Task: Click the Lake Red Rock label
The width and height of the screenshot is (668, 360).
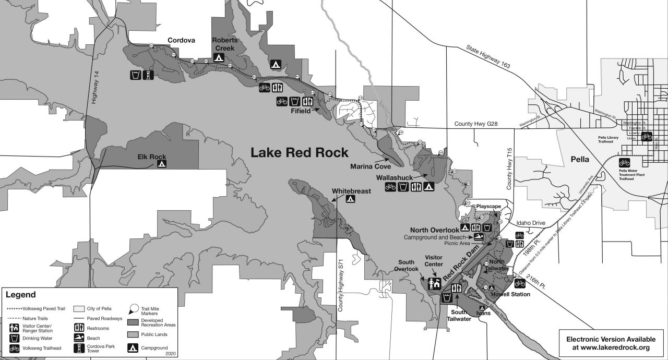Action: pyautogui.click(x=299, y=152)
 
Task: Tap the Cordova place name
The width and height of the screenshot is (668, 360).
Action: pyautogui.click(x=181, y=40)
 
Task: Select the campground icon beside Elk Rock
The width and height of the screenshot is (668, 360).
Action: pyautogui.click(x=162, y=164)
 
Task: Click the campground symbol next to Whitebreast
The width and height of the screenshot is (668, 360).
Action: pyautogui.click(x=351, y=199)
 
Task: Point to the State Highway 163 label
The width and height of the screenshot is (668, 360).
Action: pyautogui.click(x=487, y=57)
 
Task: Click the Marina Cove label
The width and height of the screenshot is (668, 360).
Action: pyautogui.click(x=371, y=167)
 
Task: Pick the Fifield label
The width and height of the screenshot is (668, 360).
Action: pyautogui.click(x=301, y=111)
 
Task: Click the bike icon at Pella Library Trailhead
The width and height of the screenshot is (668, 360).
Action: pyautogui.click(x=646, y=137)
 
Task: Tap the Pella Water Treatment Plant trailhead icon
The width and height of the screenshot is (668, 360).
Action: pyautogui.click(x=624, y=162)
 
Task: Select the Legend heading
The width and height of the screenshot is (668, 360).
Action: pyautogui.click(x=21, y=295)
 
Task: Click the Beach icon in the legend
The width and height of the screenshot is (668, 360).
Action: pyautogui.click(x=79, y=338)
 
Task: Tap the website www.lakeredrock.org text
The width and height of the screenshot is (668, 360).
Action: pyautogui.click(x=611, y=347)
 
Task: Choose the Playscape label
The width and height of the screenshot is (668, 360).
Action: pyautogui.click(x=488, y=207)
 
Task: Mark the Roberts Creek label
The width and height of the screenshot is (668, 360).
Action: pyautogui.click(x=225, y=44)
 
